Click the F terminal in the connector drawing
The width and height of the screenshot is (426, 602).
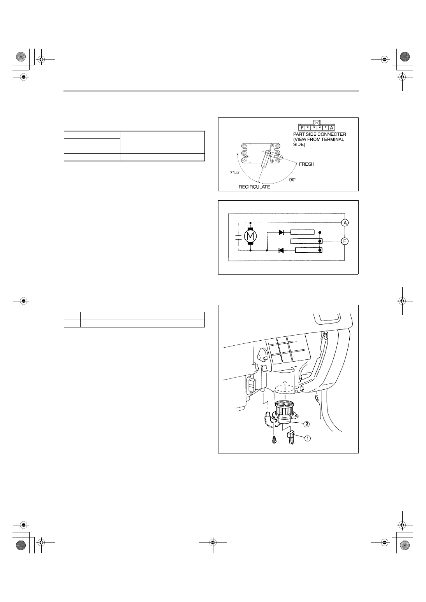(302, 128)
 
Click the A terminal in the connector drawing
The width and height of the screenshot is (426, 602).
(331, 128)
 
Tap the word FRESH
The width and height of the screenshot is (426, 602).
(306, 164)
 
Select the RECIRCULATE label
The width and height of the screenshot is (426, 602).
(254, 187)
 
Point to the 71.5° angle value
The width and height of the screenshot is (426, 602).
(235, 173)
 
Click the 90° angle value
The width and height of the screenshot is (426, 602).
(292, 180)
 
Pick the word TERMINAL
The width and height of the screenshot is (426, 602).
(333, 139)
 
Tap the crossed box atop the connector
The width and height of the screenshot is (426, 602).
(317, 122)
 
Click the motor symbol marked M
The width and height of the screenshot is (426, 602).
(250, 236)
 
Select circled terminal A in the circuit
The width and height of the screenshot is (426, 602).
(345, 223)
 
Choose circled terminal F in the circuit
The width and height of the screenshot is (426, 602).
(345, 241)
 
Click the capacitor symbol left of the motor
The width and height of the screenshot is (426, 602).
(238, 236)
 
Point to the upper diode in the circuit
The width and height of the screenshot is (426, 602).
(282, 232)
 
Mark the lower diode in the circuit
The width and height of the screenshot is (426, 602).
(282, 250)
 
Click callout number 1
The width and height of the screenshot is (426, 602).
(307, 438)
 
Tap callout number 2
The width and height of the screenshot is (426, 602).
(306, 424)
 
